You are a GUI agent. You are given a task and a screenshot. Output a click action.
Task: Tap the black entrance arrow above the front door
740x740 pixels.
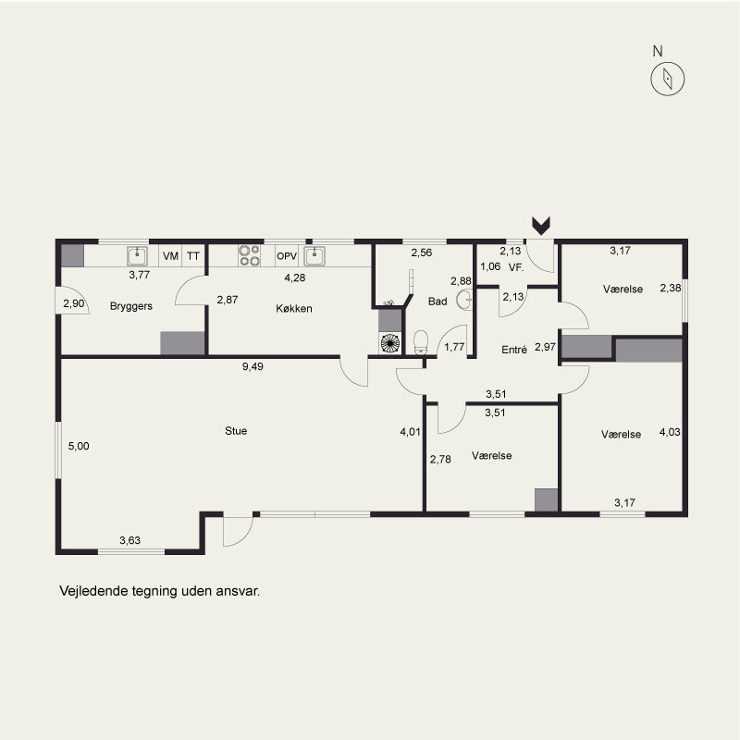[x=541, y=226]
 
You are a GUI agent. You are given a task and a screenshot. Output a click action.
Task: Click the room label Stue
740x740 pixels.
[x=236, y=430]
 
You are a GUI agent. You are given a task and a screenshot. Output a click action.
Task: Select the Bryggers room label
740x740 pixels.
[x=130, y=306]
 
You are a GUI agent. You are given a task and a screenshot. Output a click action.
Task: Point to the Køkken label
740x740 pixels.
[x=293, y=308]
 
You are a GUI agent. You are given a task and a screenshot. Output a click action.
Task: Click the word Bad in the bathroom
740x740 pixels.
[x=438, y=302]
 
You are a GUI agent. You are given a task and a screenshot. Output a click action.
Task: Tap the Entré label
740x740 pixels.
[x=514, y=350]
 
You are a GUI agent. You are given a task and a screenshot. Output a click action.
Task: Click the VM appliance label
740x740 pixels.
[x=170, y=256]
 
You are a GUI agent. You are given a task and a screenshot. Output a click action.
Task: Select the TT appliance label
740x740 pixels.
[x=193, y=256]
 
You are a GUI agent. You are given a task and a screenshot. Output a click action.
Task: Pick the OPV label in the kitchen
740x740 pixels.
[x=287, y=256]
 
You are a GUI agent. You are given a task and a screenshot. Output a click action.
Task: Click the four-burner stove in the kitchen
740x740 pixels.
[x=249, y=255]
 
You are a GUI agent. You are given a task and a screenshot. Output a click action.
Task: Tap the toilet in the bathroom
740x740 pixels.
[x=421, y=342]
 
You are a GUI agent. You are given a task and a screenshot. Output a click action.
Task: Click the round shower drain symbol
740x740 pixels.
[x=389, y=343]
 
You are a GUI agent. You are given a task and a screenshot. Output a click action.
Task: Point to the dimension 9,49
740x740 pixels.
[x=253, y=366]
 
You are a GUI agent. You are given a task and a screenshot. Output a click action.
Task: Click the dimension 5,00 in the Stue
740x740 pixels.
[x=79, y=446]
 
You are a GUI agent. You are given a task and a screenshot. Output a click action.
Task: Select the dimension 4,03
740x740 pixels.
[x=670, y=432]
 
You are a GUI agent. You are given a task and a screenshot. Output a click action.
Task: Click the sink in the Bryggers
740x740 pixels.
[x=137, y=256]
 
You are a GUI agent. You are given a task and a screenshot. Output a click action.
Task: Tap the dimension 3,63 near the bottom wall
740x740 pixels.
[x=129, y=540]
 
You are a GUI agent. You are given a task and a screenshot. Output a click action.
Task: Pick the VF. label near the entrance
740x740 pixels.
[x=516, y=267]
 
